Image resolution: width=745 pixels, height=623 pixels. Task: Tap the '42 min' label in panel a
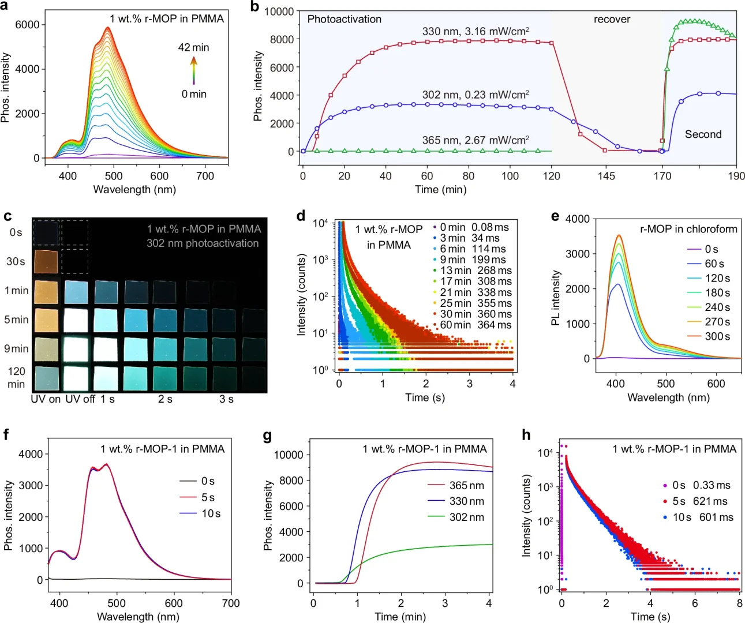pyautogui.click(x=193, y=47)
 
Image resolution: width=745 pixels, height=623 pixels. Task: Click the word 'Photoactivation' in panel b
pyautogui.click(x=344, y=19)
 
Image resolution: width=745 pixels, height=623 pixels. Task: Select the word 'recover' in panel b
pyautogui.click(x=612, y=19)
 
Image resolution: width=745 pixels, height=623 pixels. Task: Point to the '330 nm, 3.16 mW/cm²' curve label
pyautogui.click(x=476, y=31)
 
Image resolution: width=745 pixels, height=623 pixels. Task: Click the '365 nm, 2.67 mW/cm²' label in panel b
pyautogui.click(x=476, y=140)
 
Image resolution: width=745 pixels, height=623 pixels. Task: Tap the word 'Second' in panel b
pyautogui.click(x=703, y=134)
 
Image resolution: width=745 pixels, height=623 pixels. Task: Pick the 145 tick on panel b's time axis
pyautogui.click(x=607, y=176)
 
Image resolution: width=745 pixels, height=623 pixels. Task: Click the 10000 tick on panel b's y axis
pyautogui.click(x=279, y=11)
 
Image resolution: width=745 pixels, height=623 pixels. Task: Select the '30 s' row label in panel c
pyautogui.click(x=16, y=261)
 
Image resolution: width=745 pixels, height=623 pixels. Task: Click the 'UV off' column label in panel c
pyautogui.click(x=80, y=399)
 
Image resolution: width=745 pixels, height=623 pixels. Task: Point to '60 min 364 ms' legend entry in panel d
pyautogui.click(x=475, y=325)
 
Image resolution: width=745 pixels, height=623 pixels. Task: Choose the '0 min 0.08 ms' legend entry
pyautogui.click(x=473, y=227)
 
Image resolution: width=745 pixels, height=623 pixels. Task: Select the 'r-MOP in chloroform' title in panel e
pyautogui.click(x=688, y=229)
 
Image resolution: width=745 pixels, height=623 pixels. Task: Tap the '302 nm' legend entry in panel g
pyautogui.click(x=466, y=517)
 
